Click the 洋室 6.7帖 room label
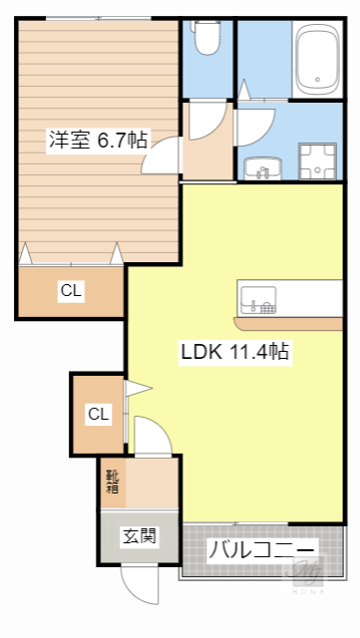tap(98, 140)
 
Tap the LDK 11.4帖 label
tap(234, 351)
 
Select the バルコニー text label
tap(262, 550)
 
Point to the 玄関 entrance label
tap(139, 537)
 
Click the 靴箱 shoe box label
tap(113, 480)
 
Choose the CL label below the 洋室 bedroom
tap(70, 291)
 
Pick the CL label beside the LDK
tap(98, 414)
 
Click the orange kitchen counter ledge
tap(289, 323)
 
